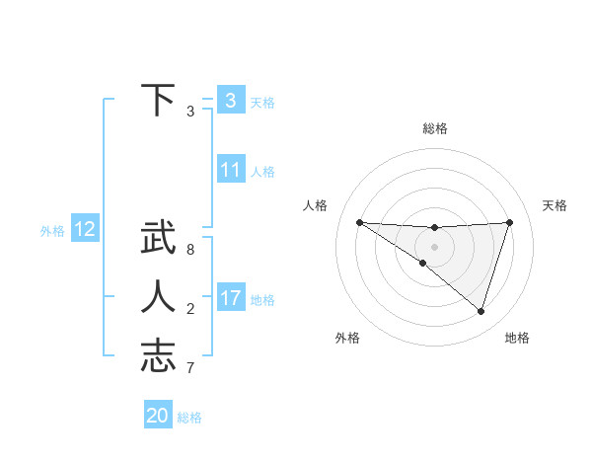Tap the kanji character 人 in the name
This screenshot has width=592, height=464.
pos(157,297)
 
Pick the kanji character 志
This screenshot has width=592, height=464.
pos(157,356)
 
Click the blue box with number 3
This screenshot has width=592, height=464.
pos(230,101)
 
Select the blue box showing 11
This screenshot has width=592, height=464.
pos(230,170)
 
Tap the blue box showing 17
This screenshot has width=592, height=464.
pos(230,298)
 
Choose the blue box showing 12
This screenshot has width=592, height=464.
pos(85,230)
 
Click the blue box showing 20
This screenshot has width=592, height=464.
pos(158,416)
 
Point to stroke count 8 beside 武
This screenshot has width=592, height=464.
pos(190,250)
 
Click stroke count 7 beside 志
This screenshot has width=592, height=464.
pos(190,368)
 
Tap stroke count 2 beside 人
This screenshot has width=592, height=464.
pos(190,309)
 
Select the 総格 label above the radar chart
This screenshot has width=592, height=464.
pos(435,128)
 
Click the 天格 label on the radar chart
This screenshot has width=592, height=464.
pos(555,205)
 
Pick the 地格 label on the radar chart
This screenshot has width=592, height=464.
pos(517,338)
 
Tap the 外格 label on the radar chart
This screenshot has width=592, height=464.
pos(346,338)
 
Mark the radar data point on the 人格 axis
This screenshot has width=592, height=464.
pos(359,222)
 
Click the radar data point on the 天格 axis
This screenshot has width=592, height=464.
pos(509,222)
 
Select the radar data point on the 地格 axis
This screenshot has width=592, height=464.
pos(481,311)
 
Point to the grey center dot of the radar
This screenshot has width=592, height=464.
pos(434,246)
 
